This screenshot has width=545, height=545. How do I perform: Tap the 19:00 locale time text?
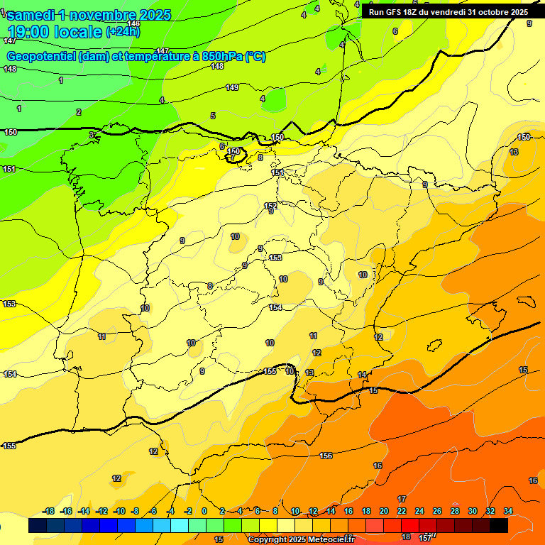pyautogui.click(x=54, y=32)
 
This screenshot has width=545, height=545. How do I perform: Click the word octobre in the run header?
pyautogui.click(x=489, y=12)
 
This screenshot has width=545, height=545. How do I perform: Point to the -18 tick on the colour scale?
pyautogui.click(x=49, y=511)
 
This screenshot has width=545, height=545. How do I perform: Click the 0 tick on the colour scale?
pyautogui.click(x=204, y=511)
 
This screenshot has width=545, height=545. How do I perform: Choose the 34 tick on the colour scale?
pyautogui.click(x=508, y=511)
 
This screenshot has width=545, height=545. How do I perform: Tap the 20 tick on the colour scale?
pyautogui.click(x=384, y=511)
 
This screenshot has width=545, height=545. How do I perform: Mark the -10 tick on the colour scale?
pyautogui.click(x=119, y=511)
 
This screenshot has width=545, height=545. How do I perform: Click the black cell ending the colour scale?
pyautogui.click(x=499, y=526)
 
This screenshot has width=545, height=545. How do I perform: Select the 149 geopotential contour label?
pyautogui.click(x=232, y=87)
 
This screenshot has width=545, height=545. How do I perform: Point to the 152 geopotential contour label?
pyautogui.click(x=270, y=206)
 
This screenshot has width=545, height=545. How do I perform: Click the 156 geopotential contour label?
pyautogui.click(x=326, y=456)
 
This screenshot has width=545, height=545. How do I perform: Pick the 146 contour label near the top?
pyautogui.click(x=133, y=24)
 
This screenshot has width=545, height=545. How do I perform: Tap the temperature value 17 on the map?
pyautogui.click(x=402, y=500)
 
